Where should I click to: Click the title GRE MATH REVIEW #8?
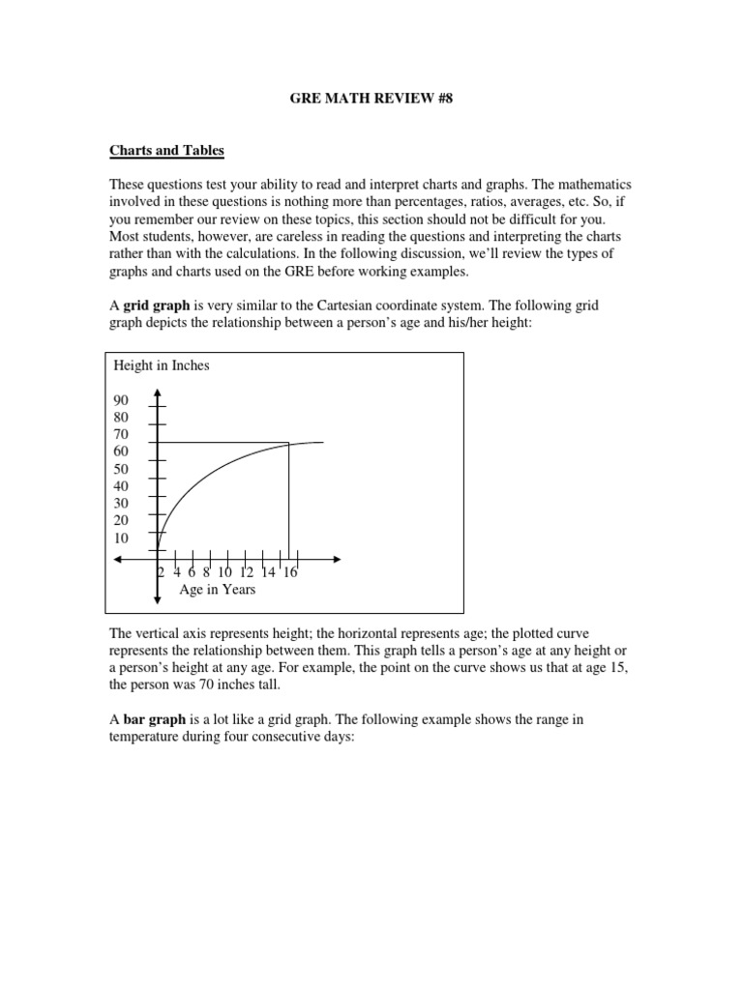pos(371,98)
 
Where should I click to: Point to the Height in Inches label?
pos(162,365)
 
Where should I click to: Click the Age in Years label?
pos(218,589)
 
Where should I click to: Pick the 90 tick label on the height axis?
pos(122,400)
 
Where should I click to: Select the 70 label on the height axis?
pos(122,434)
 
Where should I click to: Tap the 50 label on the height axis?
pos(122,469)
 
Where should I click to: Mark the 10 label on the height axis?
pos(122,538)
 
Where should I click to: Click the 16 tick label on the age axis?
pos(289,572)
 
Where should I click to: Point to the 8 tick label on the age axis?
pos(207,572)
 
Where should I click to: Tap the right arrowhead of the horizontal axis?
pos(337,560)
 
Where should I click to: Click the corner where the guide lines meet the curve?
pos(288,444)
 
